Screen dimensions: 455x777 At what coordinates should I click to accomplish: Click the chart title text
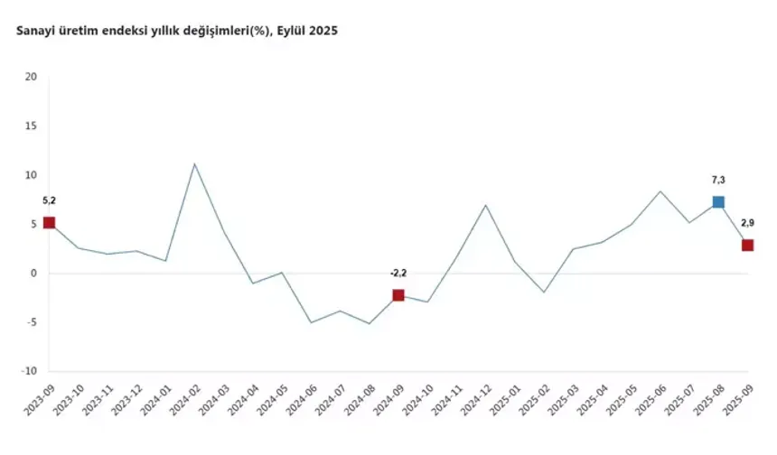(177, 32)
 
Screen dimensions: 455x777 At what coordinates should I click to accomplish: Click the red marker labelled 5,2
(49, 223)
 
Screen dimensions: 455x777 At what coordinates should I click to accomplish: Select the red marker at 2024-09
(398, 295)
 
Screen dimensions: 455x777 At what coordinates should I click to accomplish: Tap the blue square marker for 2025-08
(718, 202)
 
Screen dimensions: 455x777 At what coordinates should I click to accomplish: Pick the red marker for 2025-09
(748, 245)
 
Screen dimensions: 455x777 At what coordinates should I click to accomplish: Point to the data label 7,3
(718, 180)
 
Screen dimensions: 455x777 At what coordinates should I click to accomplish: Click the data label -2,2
(398, 273)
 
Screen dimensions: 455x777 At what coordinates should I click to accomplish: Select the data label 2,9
(748, 222)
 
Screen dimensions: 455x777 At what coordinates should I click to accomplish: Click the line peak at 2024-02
(194, 164)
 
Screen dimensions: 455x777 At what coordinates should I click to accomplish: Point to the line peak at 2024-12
(486, 205)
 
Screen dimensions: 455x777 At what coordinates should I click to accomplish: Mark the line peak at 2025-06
(660, 191)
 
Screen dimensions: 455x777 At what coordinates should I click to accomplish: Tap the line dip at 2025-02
(544, 292)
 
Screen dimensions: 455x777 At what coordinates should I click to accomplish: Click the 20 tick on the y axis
(32, 77)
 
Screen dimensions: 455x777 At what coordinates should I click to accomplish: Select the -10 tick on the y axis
(30, 371)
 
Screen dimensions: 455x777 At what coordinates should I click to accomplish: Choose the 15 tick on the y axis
(32, 125)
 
